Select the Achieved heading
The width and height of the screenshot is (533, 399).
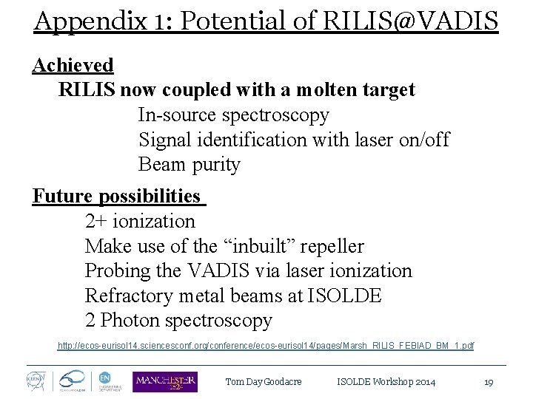coord(73,65)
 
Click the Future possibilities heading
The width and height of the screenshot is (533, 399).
coord(117,196)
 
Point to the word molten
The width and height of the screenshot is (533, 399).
coord(301,90)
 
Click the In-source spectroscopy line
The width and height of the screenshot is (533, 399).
coord(233,115)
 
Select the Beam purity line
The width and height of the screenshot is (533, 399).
coord(189,164)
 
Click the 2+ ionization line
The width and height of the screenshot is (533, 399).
coord(140,221)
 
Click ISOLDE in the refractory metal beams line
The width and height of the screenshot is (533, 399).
coord(346,296)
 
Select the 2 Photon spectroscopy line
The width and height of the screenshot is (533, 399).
coord(178,321)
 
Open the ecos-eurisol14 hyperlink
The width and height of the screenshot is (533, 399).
coord(266,345)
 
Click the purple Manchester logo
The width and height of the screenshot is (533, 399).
coord(164,381)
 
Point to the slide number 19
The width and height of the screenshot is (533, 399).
coord(488,382)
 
